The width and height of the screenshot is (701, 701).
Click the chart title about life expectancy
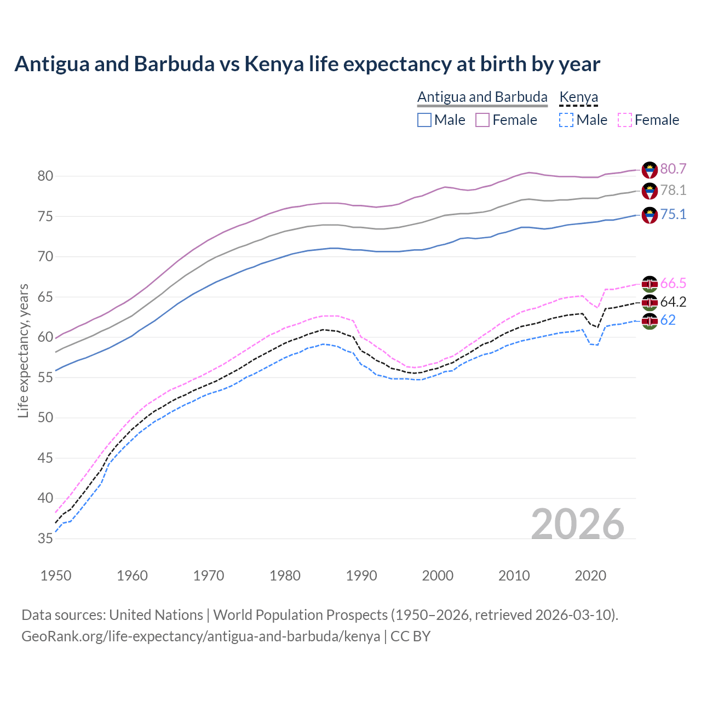(x=307, y=64)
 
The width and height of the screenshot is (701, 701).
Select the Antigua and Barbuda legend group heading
(x=482, y=97)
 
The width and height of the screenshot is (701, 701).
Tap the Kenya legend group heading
(x=578, y=97)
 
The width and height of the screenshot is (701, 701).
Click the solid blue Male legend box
(x=424, y=120)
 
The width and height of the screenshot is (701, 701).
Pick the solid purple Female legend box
(x=482, y=120)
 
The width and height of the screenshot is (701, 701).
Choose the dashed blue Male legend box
(x=566, y=120)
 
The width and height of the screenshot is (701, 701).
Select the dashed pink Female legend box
(x=624, y=120)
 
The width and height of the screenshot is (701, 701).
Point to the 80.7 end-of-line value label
(x=673, y=169)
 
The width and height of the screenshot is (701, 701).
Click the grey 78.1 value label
(x=673, y=191)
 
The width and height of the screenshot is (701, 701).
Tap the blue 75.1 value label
(x=673, y=214)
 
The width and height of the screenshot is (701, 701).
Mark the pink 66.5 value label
(x=673, y=283)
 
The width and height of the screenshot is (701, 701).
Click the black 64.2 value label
(x=673, y=302)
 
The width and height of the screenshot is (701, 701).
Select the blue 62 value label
(x=668, y=320)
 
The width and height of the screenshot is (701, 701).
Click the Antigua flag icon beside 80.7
(x=650, y=170)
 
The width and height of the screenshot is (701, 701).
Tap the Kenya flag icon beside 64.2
(x=650, y=302)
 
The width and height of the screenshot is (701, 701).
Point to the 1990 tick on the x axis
(x=361, y=576)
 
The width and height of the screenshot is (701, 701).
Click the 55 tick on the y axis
(x=45, y=377)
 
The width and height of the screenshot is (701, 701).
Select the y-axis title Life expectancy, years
(x=23, y=350)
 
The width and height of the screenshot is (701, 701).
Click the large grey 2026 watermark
(x=578, y=524)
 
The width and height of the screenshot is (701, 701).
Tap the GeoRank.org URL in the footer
(x=200, y=636)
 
